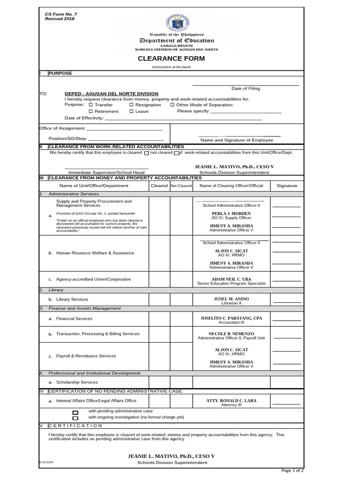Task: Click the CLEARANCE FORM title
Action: pyautogui.click(x=171, y=59)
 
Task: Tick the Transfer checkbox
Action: pyautogui.click(x=91, y=105)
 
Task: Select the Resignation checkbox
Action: pyautogui.click(x=132, y=105)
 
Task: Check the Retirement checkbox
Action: pyautogui.click(x=91, y=112)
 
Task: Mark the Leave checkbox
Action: pyautogui.click(x=132, y=112)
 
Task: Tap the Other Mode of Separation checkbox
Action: pyautogui.click(x=172, y=105)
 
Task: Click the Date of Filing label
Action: pyautogui.click(x=245, y=89)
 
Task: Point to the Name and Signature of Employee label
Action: pyautogui.click(x=236, y=140)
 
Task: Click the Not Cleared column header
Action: pyautogui.click(x=181, y=186)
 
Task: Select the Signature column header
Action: pyautogui.click(x=287, y=186)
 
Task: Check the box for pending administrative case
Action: pyautogui.click(x=75, y=412)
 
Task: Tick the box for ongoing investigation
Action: pyautogui.click(x=75, y=418)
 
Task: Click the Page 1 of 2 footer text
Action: pyautogui.click(x=292, y=470)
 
